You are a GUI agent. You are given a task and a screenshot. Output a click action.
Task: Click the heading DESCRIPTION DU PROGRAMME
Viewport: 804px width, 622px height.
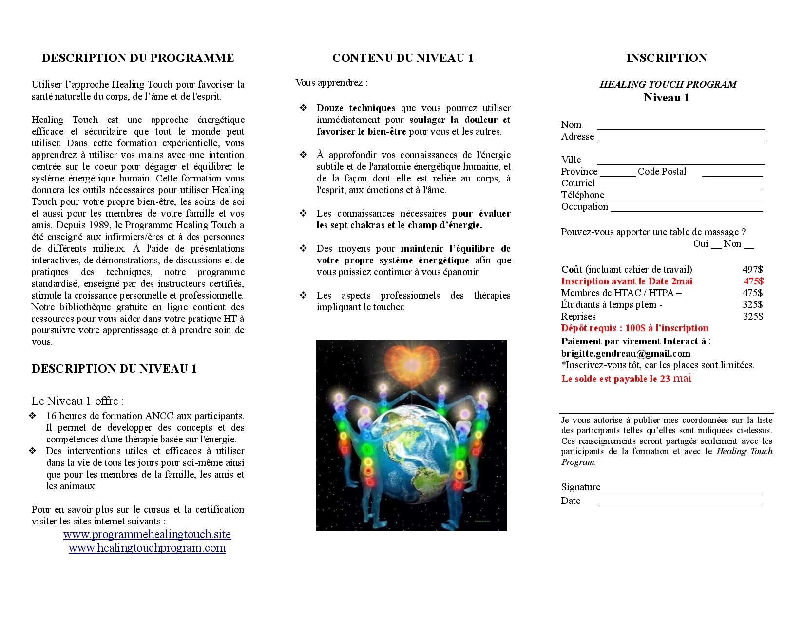(138, 58)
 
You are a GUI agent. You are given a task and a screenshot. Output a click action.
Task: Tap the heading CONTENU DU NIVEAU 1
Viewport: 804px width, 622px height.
(402, 58)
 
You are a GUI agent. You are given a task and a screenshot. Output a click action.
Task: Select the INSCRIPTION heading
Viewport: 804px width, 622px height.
(666, 58)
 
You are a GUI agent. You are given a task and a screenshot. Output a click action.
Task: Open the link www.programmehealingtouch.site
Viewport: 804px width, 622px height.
(147, 535)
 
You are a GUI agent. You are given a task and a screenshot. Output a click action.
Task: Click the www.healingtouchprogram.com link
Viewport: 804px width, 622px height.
(147, 548)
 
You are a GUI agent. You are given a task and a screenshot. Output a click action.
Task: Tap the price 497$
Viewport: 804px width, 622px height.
(752, 269)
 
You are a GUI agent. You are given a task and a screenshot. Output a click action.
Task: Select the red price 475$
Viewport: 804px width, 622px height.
(753, 281)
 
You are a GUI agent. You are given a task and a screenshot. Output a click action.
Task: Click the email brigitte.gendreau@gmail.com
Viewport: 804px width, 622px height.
(626, 353)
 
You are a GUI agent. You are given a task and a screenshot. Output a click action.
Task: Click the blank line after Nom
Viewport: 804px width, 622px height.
(681, 128)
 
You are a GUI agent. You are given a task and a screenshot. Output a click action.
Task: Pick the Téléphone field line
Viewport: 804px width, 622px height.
(685, 198)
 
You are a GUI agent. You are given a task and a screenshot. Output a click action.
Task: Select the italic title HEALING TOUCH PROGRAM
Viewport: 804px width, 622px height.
(668, 84)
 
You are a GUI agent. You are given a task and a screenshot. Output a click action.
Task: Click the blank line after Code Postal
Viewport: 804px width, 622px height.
(732, 175)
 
